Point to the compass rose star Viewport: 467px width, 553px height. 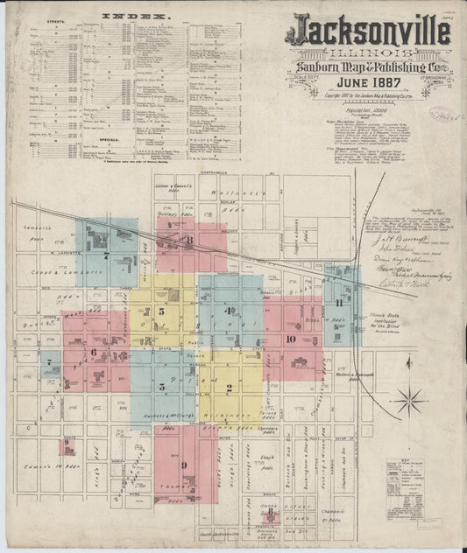(409, 402)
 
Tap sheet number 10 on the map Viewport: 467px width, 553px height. (290, 338)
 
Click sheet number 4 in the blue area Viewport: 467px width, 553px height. (229, 310)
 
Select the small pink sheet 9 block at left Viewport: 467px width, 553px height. (67, 446)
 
